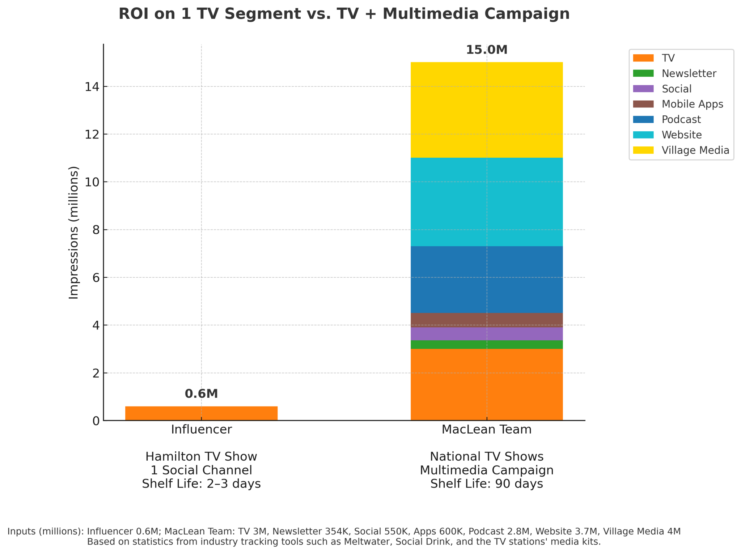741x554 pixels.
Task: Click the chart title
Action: [344, 14]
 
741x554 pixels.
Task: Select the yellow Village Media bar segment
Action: [486, 110]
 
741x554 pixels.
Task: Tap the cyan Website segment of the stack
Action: [486, 202]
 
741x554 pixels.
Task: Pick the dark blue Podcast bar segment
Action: [486, 280]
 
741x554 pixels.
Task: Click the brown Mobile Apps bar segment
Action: [486, 320]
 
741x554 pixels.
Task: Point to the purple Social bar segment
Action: [486, 334]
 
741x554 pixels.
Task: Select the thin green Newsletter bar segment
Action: [486, 345]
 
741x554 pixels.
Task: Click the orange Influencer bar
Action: [201, 413]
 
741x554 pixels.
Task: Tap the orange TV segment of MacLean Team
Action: [486, 384]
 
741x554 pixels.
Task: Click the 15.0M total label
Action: [486, 50]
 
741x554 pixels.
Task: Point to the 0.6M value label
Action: [201, 394]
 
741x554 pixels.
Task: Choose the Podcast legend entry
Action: [681, 119]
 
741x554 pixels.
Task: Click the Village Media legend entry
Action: [695, 150]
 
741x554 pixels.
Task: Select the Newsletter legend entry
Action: [689, 73]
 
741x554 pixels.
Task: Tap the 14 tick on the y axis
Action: [92, 86]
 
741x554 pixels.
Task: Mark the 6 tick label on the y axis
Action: [96, 277]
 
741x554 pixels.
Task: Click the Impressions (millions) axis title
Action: [73, 233]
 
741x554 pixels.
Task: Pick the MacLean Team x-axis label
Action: [486, 430]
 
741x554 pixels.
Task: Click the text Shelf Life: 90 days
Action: [486, 484]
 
